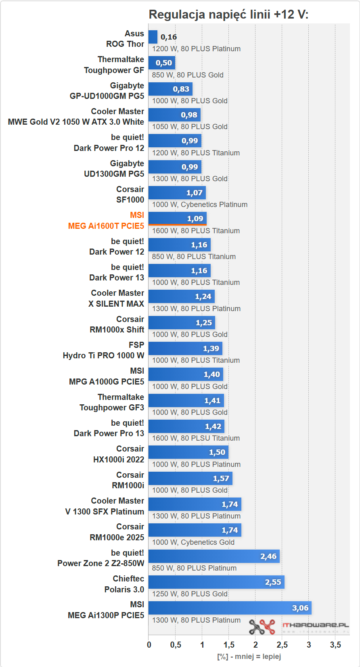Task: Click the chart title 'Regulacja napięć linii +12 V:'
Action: pos(228,15)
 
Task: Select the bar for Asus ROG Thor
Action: pos(153,37)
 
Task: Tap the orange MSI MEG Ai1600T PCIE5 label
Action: pos(106,221)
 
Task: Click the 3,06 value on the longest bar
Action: pos(300,608)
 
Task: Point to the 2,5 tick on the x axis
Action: pos(282,645)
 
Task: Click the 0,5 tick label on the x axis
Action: pos(176,645)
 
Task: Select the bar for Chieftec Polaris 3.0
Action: pos(216,582)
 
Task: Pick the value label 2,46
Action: pos(268,556)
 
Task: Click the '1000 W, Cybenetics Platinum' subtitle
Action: pos(200,205)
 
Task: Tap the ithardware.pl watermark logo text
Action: pos(315,625)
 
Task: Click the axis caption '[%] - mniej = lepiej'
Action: pos(249,657)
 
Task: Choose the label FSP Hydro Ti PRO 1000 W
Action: pos(103,350)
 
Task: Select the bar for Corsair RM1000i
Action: pos(190,478)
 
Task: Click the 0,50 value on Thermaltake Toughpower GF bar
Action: pos(164,63)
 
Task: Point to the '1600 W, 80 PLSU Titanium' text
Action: pos(196,438)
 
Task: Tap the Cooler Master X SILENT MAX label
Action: pos(116,299)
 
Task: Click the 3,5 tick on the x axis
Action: pos(335,645)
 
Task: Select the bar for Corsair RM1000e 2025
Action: pos(195,530)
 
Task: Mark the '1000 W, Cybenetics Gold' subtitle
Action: pos(193,542)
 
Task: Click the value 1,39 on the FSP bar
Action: pos(211,349)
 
